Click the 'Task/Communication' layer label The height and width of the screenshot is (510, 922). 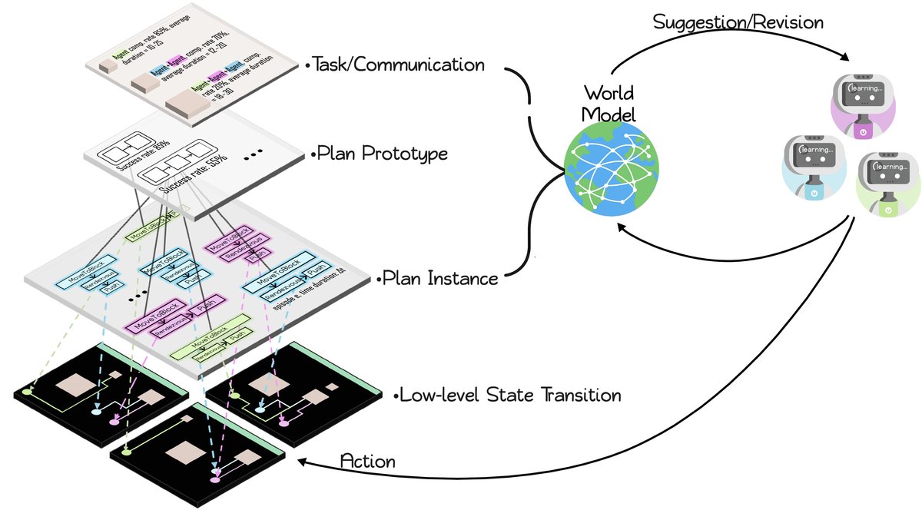[398, 65]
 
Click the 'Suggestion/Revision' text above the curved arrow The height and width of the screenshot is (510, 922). [738, 22]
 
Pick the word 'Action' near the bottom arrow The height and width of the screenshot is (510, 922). [367, 462]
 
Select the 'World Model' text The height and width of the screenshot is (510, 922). [608, 104]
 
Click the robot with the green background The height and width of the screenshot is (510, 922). [887, 183]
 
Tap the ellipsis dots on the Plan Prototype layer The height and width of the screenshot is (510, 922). [255, 157]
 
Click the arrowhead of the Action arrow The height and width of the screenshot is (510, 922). [303, 462]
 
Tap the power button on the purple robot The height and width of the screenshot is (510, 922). [863, 131]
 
